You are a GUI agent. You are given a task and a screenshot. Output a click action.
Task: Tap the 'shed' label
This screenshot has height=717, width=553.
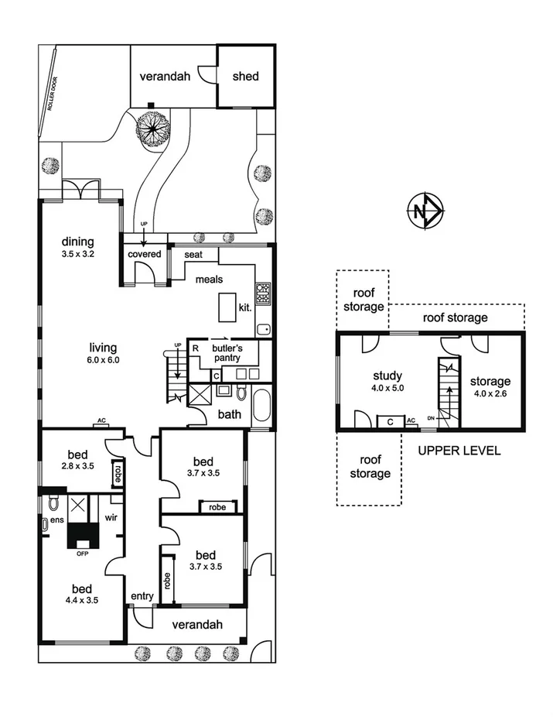click(245, 77)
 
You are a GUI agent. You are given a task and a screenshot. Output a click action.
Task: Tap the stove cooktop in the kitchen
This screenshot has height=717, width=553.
click(263, 293)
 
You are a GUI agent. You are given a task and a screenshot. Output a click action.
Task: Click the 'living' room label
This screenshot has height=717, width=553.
click(104, 348)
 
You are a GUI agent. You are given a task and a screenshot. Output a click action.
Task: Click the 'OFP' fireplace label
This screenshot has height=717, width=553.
click(81, 553)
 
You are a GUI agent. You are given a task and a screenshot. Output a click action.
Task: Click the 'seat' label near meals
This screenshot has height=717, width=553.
click(193, 254)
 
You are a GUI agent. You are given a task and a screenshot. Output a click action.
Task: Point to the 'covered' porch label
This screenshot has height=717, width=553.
click(145, 254)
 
